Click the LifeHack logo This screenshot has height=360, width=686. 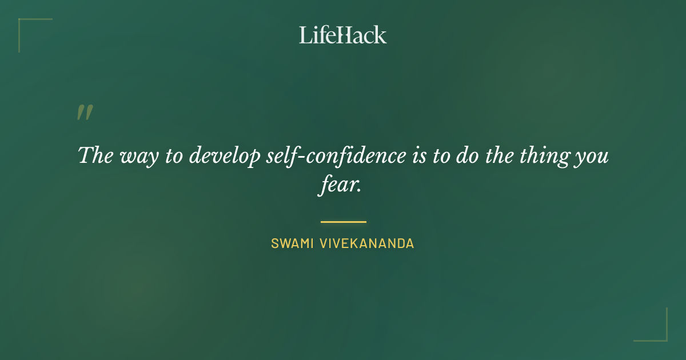pyautogui.click(x=343, y=34)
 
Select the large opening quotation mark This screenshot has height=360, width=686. pyautogui.click(x=85, y=113)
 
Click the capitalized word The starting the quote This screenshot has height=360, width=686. pyautogui.click(x=95, y=155)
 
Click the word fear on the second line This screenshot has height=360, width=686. pyautogui.click(x=338, y=186)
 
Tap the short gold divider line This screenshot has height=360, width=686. pyautogui.click(x=343, y=222)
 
